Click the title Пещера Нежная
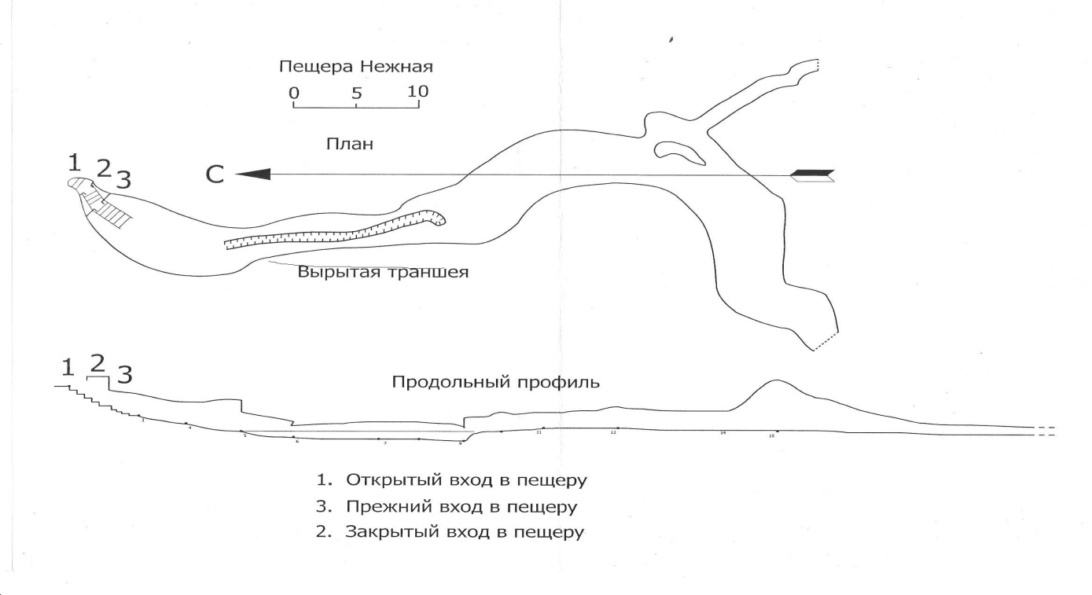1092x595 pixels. pyautogui.click(x=356, y=67)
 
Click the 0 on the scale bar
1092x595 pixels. pyautogui.click(x=294, y=93)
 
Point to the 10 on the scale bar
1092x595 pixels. pyautogui.click(x=418, y=91)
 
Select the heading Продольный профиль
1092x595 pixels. pyautogui.click(x=496, y=384)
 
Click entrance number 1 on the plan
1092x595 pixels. pyautogui.click(x=74, y=163)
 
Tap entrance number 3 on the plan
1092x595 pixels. pyautogui.click(x=123, y=180)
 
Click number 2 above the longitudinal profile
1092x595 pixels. pyautogui.click(x=97, y=362)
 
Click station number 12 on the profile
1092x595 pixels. pyautogui.click(x=613, y=433)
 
